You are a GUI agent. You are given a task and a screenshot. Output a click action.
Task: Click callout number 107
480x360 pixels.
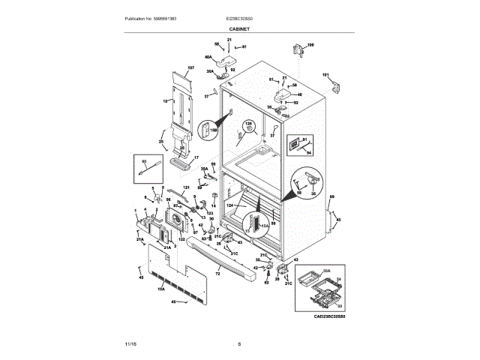tap(190, 68)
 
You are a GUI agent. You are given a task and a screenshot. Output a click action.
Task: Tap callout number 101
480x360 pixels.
tap(325, 74)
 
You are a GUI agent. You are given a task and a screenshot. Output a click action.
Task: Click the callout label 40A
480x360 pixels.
tap(208, 57)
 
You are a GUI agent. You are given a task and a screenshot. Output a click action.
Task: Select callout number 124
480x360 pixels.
tap(231, 205)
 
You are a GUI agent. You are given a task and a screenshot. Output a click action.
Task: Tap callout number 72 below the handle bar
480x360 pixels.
tap(217, 276)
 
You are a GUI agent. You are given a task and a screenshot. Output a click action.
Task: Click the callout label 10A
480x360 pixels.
tap(160, 286)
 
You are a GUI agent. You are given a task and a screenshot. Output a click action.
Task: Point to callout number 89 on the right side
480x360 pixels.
tap(331, 196)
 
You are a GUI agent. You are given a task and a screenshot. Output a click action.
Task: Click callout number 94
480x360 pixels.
tap(308, 151)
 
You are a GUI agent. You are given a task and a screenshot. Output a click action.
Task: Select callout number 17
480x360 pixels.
tap(196, 158)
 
